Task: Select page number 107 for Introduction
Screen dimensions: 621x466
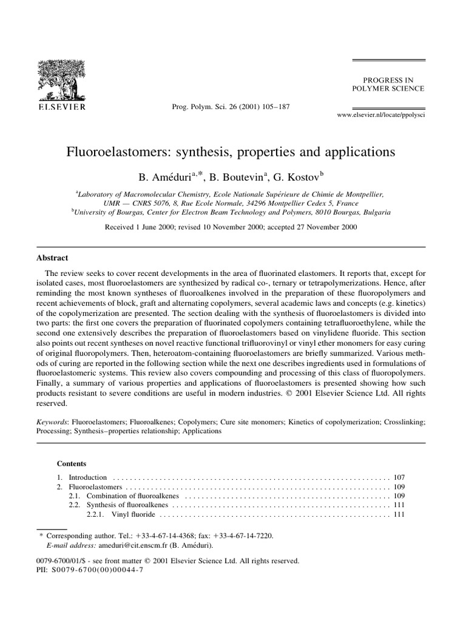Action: pos(399,477)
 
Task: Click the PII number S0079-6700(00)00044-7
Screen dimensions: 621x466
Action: pos(97,571)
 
